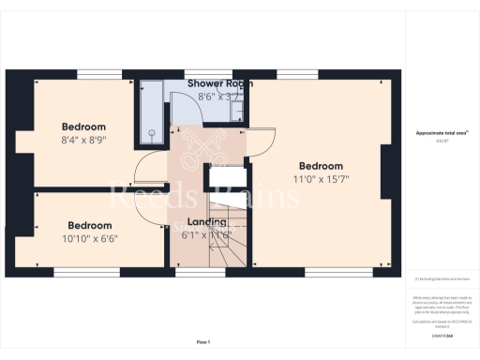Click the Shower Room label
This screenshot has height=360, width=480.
[x=218, y=83]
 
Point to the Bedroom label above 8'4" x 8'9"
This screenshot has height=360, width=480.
[x=84, y=127]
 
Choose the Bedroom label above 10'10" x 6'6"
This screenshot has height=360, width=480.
[x=91, y=225]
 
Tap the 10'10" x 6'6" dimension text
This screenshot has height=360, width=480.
[x=91, y=238]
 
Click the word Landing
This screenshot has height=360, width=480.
[x=206, y=221]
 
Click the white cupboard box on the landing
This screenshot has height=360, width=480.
[x=226, y=178]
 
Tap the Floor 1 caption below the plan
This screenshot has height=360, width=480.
[x=202, y=341]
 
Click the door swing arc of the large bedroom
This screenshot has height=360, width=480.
[x=263, y=139]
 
